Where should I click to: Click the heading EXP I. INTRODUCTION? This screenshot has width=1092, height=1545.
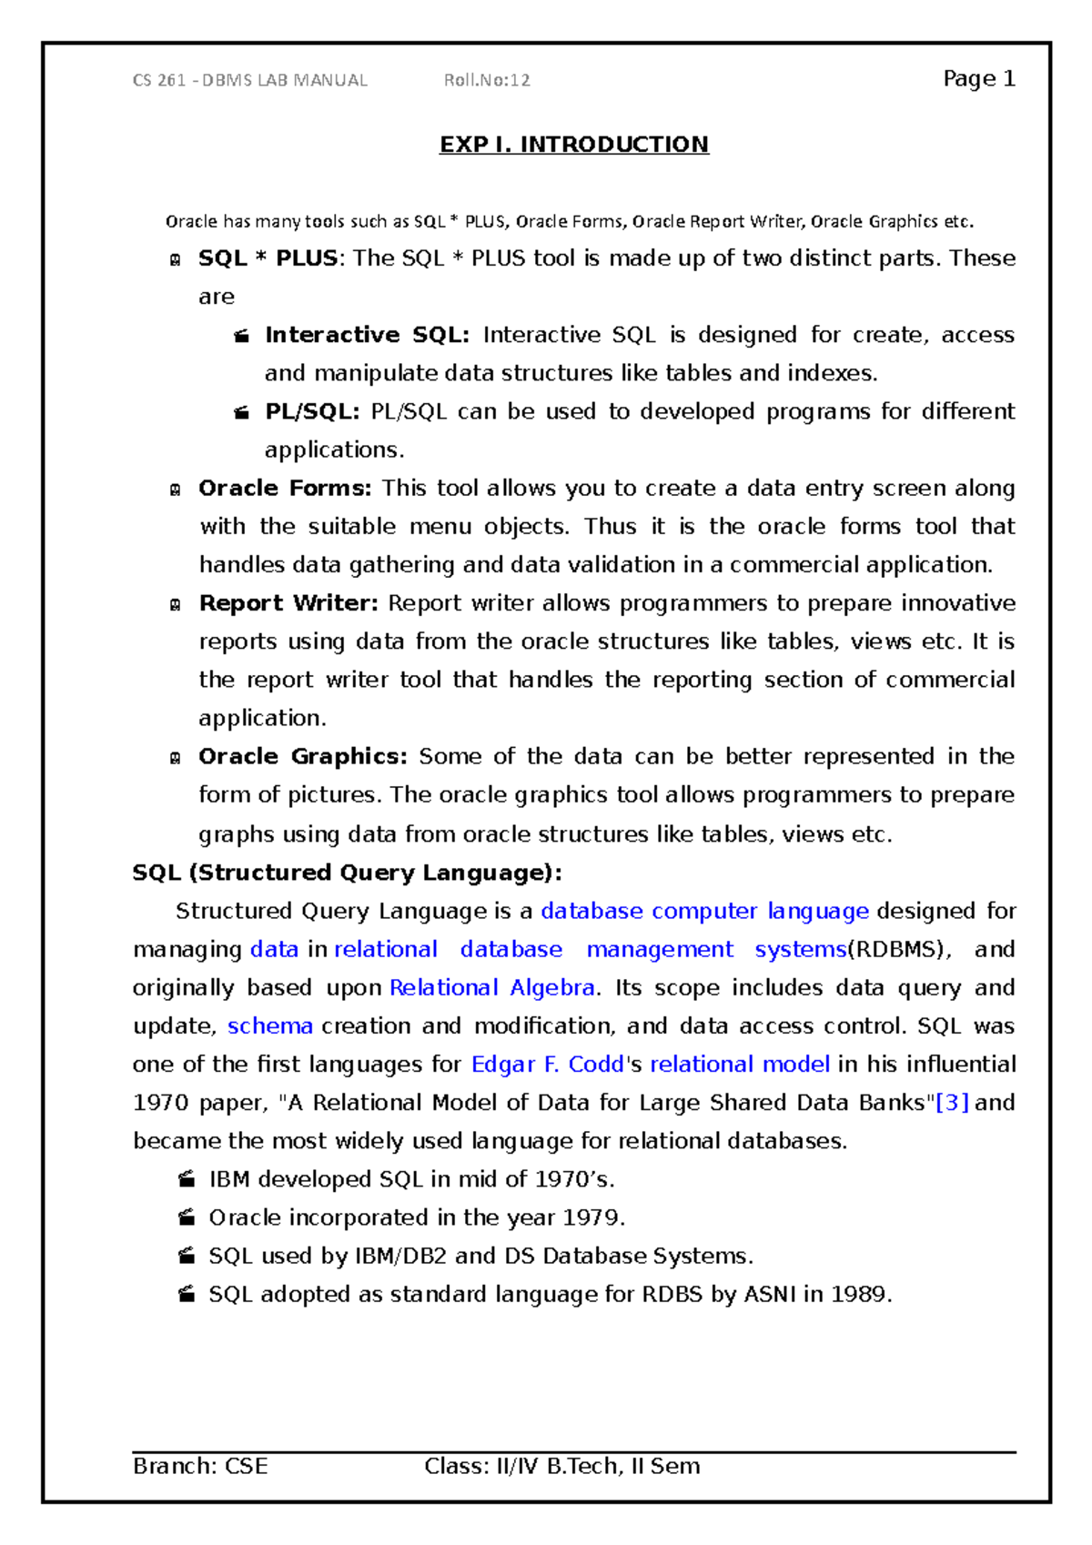573,145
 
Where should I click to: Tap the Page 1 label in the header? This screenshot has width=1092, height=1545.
978,79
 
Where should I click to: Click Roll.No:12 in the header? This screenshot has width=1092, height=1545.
487,80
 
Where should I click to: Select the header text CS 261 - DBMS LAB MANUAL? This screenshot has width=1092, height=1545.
250,80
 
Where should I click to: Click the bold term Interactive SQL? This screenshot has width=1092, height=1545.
367,335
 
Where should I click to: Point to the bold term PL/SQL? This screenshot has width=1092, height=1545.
312,411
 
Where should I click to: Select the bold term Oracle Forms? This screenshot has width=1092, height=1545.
285,488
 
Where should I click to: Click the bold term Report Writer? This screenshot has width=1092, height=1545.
288,603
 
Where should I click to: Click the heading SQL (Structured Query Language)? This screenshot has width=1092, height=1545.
347,873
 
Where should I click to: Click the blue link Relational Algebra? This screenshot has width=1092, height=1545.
492,988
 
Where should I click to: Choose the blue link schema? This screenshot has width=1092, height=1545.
270,1026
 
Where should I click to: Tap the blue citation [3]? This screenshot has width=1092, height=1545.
952,1103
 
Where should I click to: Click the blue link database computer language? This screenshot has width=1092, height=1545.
704,911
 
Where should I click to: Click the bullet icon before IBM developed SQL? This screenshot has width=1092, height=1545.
187,1179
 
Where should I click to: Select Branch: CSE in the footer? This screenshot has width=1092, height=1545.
200,1466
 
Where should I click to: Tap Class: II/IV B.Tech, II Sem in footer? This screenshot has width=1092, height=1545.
561,1466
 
